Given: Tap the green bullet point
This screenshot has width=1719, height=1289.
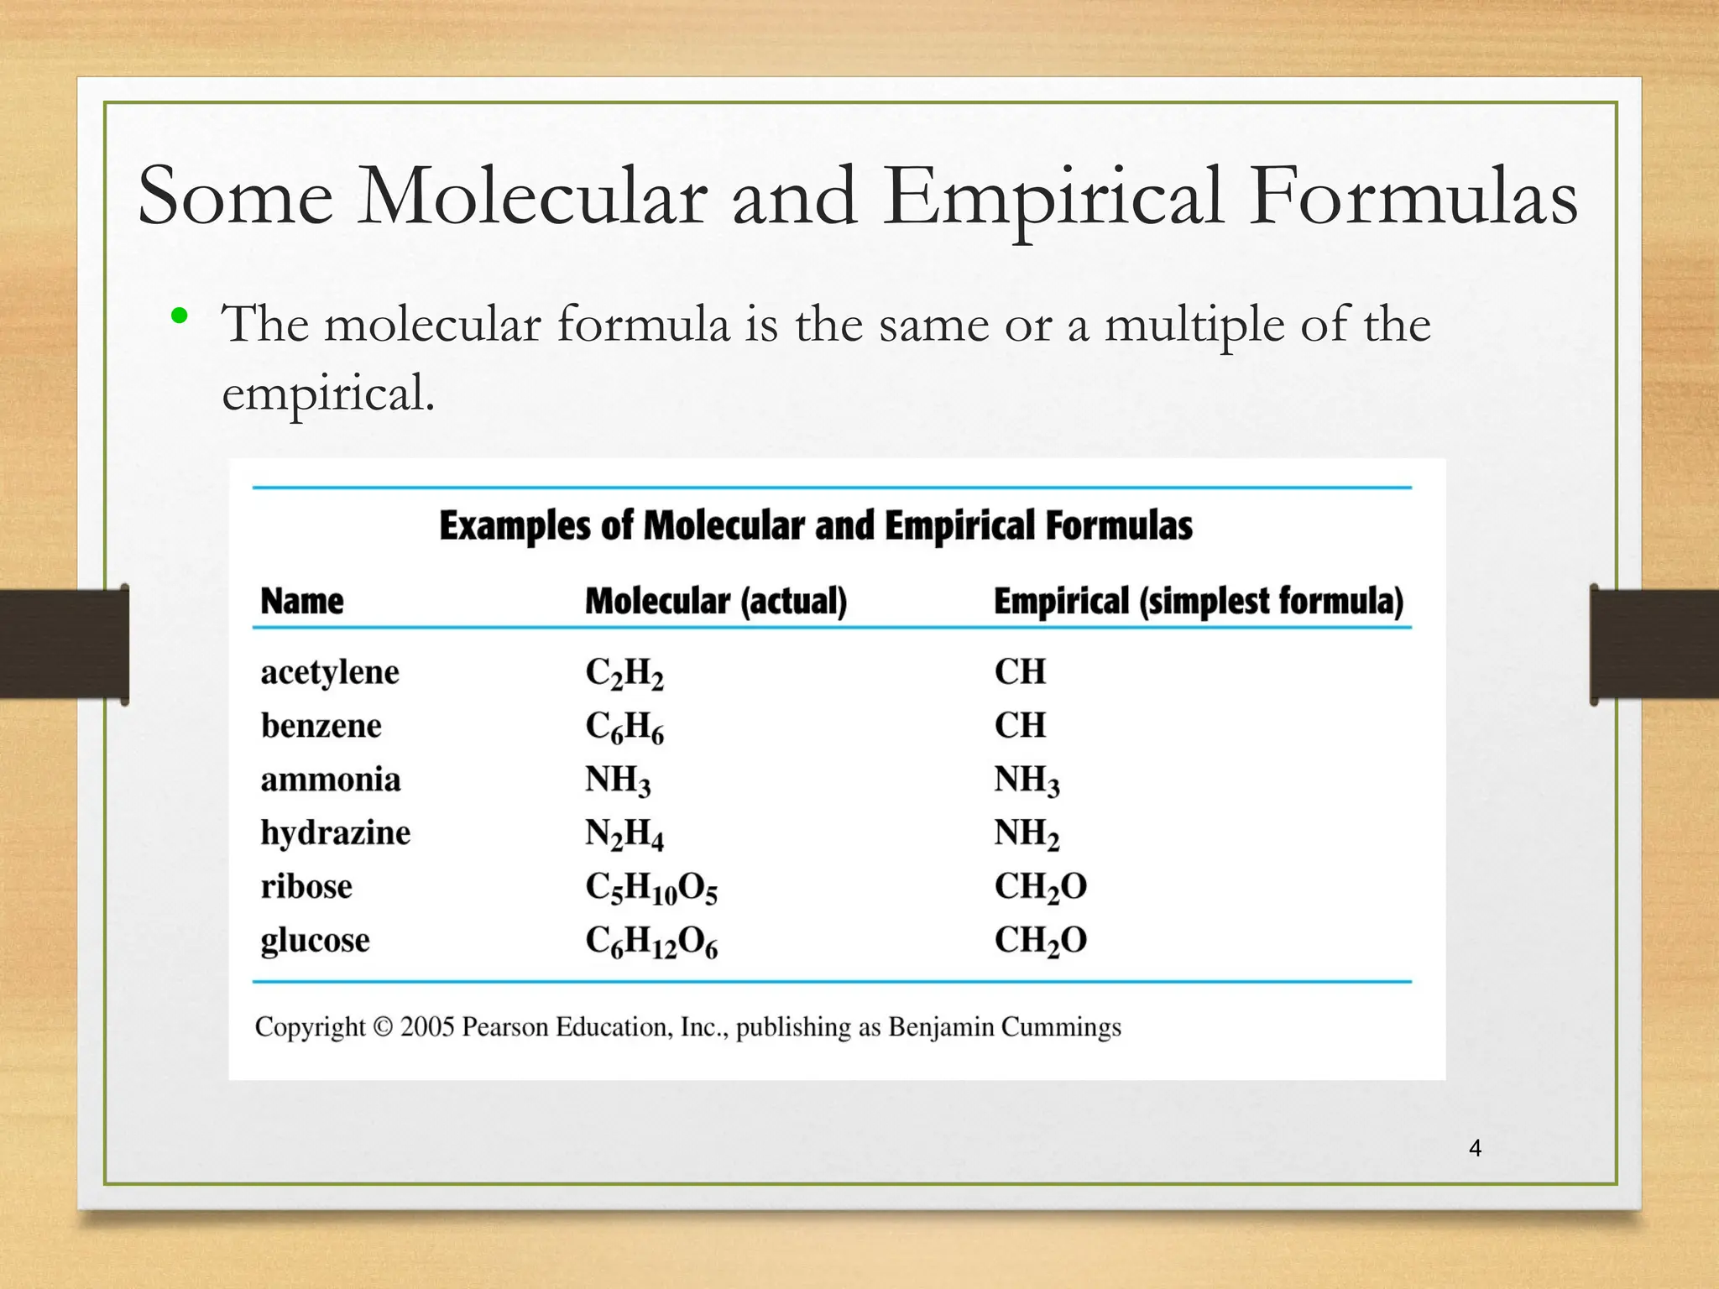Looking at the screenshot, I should (x=178, y=316).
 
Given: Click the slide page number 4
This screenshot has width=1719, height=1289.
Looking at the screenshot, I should (x=1475, y=1148).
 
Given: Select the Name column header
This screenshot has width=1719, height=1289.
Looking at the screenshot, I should (x=302, y=601).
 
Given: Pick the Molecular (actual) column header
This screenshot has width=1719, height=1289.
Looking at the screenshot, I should (x=716, y=601).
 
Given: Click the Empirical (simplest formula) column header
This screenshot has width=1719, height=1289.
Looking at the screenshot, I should (x=1198, y=601).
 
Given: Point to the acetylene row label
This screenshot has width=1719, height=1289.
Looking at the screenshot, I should (x=330, y=672).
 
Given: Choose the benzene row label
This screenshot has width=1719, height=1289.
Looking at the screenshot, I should (x=321, y=725).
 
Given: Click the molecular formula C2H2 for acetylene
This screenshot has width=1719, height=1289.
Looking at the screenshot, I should (x=624, y=673).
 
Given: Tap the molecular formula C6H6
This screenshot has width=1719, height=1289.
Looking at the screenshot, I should (x=624, y=727).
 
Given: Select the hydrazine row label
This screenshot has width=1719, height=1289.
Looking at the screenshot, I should (x=335, y=833).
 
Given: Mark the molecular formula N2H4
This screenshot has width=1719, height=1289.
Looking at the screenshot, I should (x=624, y=834).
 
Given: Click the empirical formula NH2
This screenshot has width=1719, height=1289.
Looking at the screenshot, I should (x=1027, y=833).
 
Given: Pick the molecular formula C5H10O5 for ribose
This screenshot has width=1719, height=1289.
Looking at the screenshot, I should (x=651, y=888).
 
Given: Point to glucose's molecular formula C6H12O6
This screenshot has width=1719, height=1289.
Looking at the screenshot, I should (x=651, y=942).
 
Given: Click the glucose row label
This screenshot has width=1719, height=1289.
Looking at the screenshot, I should (x=315, y=941).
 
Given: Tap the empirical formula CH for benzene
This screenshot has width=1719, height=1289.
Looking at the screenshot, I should (x=1020, y=725).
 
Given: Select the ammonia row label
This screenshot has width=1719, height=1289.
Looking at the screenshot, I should (x=331, y=780).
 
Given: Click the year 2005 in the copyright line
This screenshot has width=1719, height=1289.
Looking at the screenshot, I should (x=427, y=1027).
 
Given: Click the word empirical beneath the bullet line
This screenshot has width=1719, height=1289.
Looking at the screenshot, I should (x=327, y=393).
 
